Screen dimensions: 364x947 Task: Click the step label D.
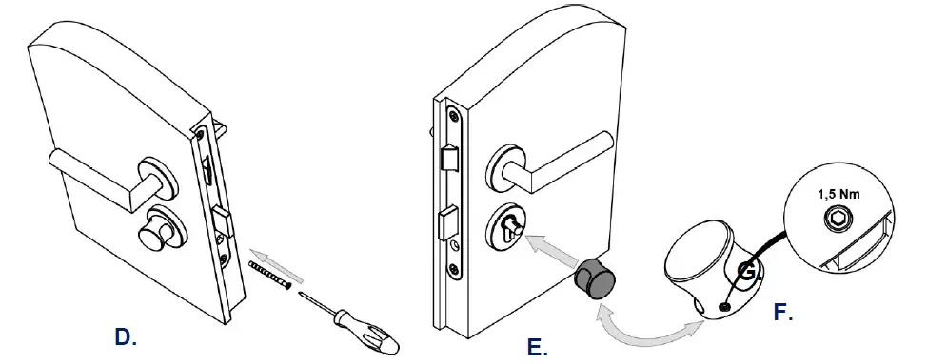pyautogui.click(x=125, y=336)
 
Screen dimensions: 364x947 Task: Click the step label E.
pyautogui.click(x=537, y=347)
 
